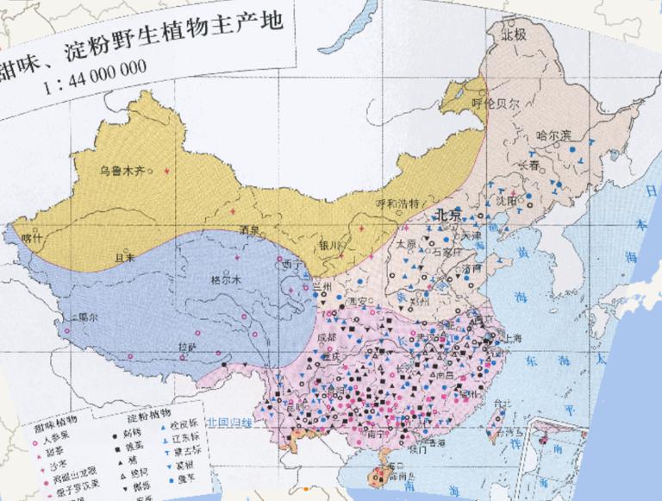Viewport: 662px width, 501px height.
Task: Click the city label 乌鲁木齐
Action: [122, 170]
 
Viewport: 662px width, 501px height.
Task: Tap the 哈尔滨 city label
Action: [553, 135]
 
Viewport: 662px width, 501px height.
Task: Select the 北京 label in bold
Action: [449, 214]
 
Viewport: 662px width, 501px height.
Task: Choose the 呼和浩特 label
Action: [397, 204]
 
